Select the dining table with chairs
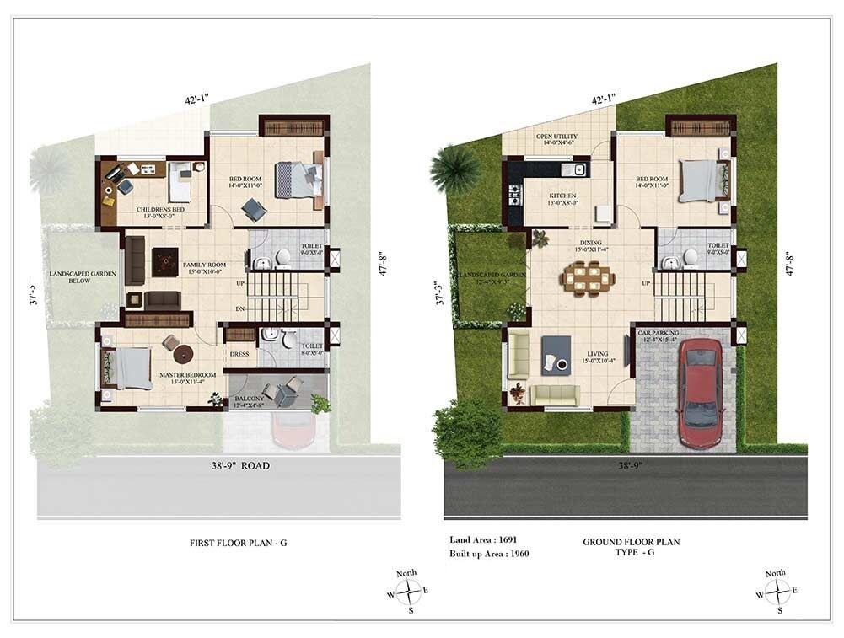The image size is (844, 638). coord(584,276)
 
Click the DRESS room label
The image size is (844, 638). coord(239,354)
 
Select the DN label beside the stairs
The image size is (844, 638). coord(240,309)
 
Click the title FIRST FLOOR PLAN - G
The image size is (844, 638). coord(238,543)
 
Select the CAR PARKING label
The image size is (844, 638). coord(659,334)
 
